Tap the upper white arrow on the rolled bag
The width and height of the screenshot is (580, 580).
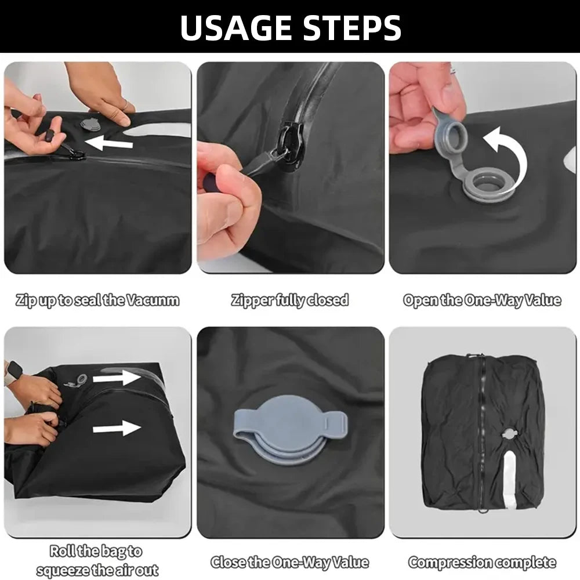tap(117, 378)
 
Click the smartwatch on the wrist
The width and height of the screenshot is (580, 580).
tap(13, 372)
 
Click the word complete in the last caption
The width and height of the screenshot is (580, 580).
tap(528, 562)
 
